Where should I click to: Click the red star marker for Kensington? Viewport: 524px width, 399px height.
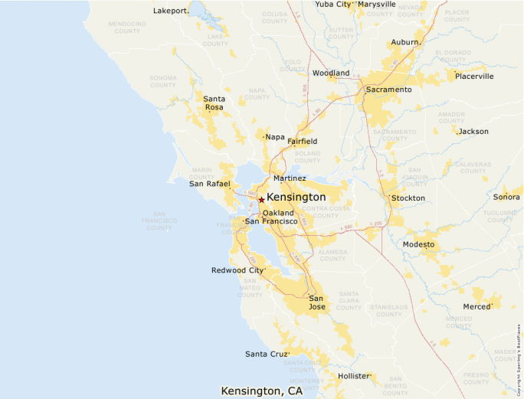tap(261, 199)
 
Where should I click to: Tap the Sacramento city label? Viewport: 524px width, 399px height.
tap(388, 90)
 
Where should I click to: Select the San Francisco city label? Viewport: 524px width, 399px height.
tap(270, 221)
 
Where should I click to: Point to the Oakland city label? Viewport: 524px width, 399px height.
tap(277, 212)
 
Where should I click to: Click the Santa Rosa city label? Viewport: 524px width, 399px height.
tap(214, 103)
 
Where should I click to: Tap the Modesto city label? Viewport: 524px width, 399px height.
tap(418, 244)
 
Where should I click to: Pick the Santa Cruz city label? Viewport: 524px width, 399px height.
tap(266, 354)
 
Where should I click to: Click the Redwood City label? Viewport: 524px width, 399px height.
tap(237, 270)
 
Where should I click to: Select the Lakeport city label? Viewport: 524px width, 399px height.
tap(170, 11)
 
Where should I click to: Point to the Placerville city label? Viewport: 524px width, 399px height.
tap(474, 76)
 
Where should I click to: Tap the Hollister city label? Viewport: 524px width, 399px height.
tap(354, 376)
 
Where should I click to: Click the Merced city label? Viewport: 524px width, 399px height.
tap(477, 306)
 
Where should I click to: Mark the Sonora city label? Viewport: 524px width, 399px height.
tap(506, 197)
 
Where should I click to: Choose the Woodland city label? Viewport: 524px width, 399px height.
tap(330, 73)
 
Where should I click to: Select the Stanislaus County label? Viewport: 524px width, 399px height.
tap(388, 311)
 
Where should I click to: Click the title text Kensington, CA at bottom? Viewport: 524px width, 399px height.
tap(261, 391)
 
